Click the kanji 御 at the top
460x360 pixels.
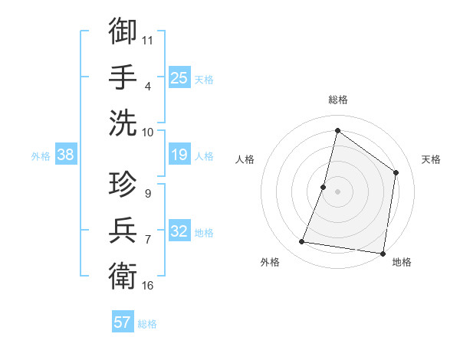[123, 31]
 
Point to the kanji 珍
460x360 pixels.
[123, 184]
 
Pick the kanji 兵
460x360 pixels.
[123, 231]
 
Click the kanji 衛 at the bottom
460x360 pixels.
[123, 276]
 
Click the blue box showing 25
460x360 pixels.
[179, 77]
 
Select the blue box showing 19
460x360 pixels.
[179, 155]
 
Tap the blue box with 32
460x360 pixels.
[179, 232]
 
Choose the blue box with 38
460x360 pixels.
[66, 155]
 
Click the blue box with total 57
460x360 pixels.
[123, 322]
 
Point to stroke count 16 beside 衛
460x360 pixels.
[148, 286]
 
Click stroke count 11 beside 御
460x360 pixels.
[148, 38]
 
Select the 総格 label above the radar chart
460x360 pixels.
[337, 100]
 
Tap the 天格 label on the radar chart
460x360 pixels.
[431, 159]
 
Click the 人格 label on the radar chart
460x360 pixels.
[245, 159]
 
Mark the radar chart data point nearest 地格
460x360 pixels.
[383, 253]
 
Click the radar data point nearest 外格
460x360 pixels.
[302, 242]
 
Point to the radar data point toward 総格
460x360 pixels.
[337, 130]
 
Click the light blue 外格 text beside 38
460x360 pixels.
[40, 156]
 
